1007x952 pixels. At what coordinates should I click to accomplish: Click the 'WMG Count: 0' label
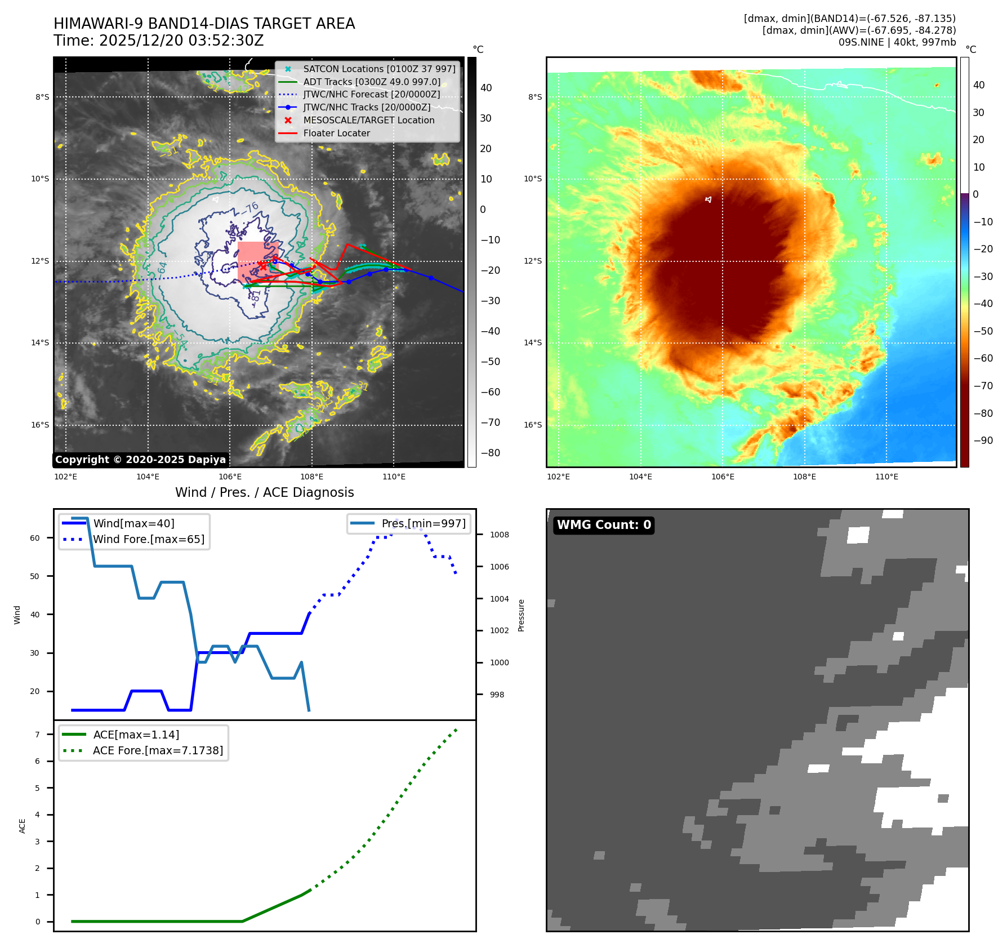tap(603, 525)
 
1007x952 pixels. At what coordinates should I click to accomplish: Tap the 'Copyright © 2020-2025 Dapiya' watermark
tap(140, 460)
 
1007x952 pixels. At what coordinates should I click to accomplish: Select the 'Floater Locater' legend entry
tap(336, 134)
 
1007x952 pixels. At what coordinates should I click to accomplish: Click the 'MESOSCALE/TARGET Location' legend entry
tap(368, 121)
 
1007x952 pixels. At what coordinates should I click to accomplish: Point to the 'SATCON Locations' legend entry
tap(379, 69)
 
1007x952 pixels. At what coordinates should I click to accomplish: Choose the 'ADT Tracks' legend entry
tap(372, 82)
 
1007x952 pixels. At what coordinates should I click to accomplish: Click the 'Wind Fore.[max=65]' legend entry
tap(149, 540)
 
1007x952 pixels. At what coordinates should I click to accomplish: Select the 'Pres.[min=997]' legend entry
tap(424, 524)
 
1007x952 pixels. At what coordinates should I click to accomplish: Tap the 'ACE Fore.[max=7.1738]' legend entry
tap(158, 751)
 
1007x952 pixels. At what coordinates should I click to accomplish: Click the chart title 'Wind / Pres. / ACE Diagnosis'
tap(264, 493)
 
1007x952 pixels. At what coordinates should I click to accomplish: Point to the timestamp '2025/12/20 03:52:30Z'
tap(181, 41)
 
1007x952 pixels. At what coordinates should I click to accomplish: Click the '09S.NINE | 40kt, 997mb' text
tap(897, 42)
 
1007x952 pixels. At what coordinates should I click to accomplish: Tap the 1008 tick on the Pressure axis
tap(499, 535)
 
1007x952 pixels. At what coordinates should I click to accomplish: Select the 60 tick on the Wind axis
tap(35, 539)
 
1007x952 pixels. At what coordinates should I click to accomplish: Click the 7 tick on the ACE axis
tap(37, 735)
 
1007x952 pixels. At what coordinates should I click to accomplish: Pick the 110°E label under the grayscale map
tap(394, 477)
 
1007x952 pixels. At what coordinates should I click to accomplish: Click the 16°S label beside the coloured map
tap(533, 425)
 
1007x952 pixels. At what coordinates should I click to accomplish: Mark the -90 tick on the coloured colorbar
tap(983, 441)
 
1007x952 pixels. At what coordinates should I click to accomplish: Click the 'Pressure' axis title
tap(521, 615)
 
